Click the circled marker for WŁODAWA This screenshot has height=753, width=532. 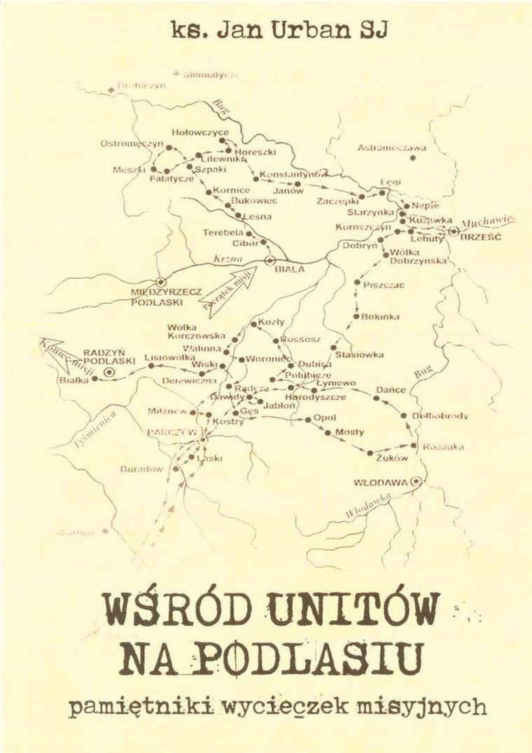[x=418, y=481]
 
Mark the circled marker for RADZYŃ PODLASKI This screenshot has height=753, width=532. [x=108, y=372]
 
